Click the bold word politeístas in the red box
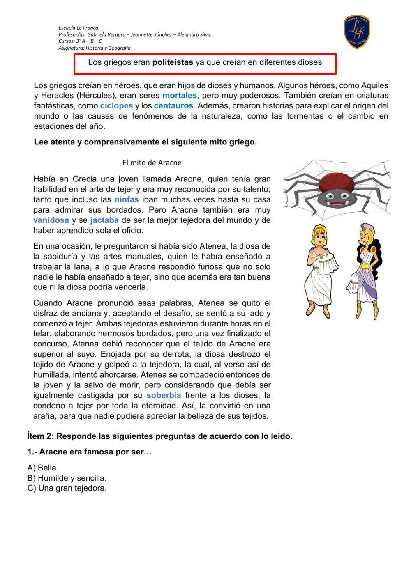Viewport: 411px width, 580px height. (173, 63)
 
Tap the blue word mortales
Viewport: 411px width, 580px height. (180, 96)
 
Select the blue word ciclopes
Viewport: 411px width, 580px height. (116, 106)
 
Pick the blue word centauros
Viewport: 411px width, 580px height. (173, 106)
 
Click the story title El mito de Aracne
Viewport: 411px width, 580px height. (152, 163)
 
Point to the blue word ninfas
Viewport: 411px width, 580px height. (127, 200)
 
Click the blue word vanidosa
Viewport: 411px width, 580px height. (51, 220)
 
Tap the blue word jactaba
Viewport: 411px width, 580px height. (104, 220)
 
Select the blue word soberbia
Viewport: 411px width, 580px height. (164, 396)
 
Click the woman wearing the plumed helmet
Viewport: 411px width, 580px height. (363, 271)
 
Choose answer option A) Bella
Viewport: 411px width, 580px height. (43, 468)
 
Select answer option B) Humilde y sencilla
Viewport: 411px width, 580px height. (67, 478)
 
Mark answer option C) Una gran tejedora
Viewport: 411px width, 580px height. (67, 488)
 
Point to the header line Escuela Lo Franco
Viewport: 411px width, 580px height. (79, 28)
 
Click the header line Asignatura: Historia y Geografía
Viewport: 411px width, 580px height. (95, 48)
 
